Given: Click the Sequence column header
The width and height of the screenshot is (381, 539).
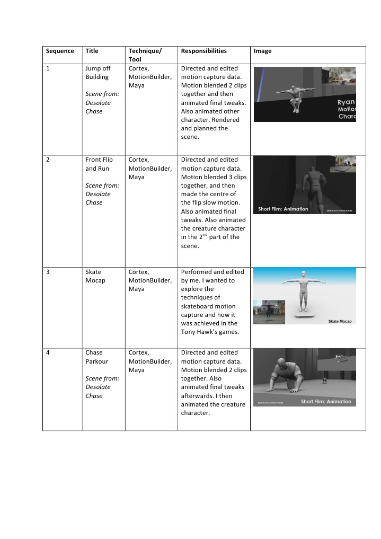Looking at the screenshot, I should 60,51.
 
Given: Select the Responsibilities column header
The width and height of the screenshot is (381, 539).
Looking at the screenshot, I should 203,51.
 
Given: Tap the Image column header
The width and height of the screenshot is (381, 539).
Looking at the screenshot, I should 262,51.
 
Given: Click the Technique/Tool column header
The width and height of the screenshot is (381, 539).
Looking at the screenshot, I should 145,55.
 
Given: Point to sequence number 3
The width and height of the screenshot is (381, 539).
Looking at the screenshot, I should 48,272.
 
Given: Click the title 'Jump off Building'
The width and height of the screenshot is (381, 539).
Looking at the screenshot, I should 97,73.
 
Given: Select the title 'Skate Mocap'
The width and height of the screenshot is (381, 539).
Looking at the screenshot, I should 95,276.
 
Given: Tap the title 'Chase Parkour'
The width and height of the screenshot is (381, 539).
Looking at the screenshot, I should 96,357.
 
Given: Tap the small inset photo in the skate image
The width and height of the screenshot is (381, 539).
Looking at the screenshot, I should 269,312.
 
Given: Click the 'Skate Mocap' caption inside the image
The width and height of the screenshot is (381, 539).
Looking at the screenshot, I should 340,321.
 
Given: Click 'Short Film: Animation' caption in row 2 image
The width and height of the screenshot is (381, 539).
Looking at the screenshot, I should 283,209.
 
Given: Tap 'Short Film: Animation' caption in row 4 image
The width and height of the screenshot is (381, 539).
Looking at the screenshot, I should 326,401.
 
